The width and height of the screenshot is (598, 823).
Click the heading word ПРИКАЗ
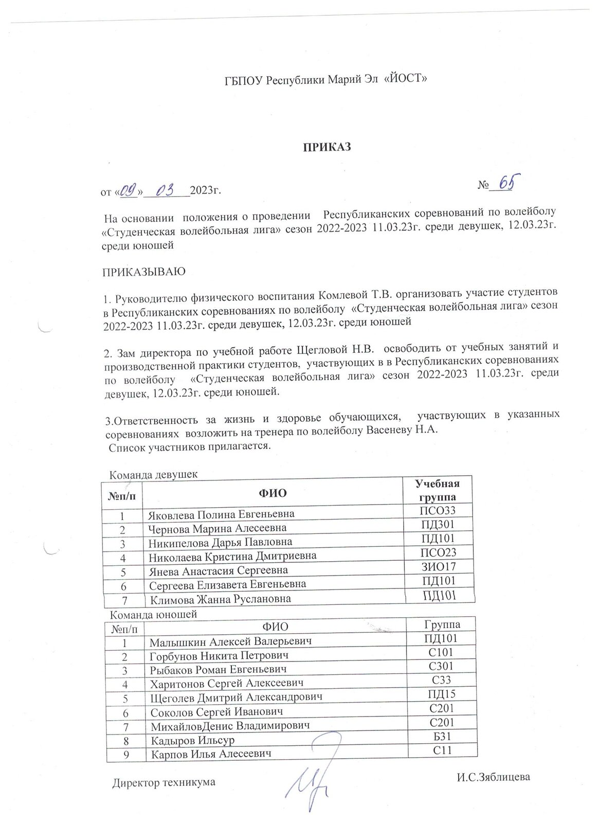pyautogui.click(x=325, y=147)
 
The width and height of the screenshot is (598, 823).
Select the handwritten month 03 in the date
pyautogui.click(x=166, y=191)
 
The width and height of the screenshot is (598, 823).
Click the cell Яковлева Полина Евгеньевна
pyautogui.click(x=222, y=514)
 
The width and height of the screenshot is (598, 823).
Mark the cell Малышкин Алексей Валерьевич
pyautogui.click(x=231, y=641)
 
